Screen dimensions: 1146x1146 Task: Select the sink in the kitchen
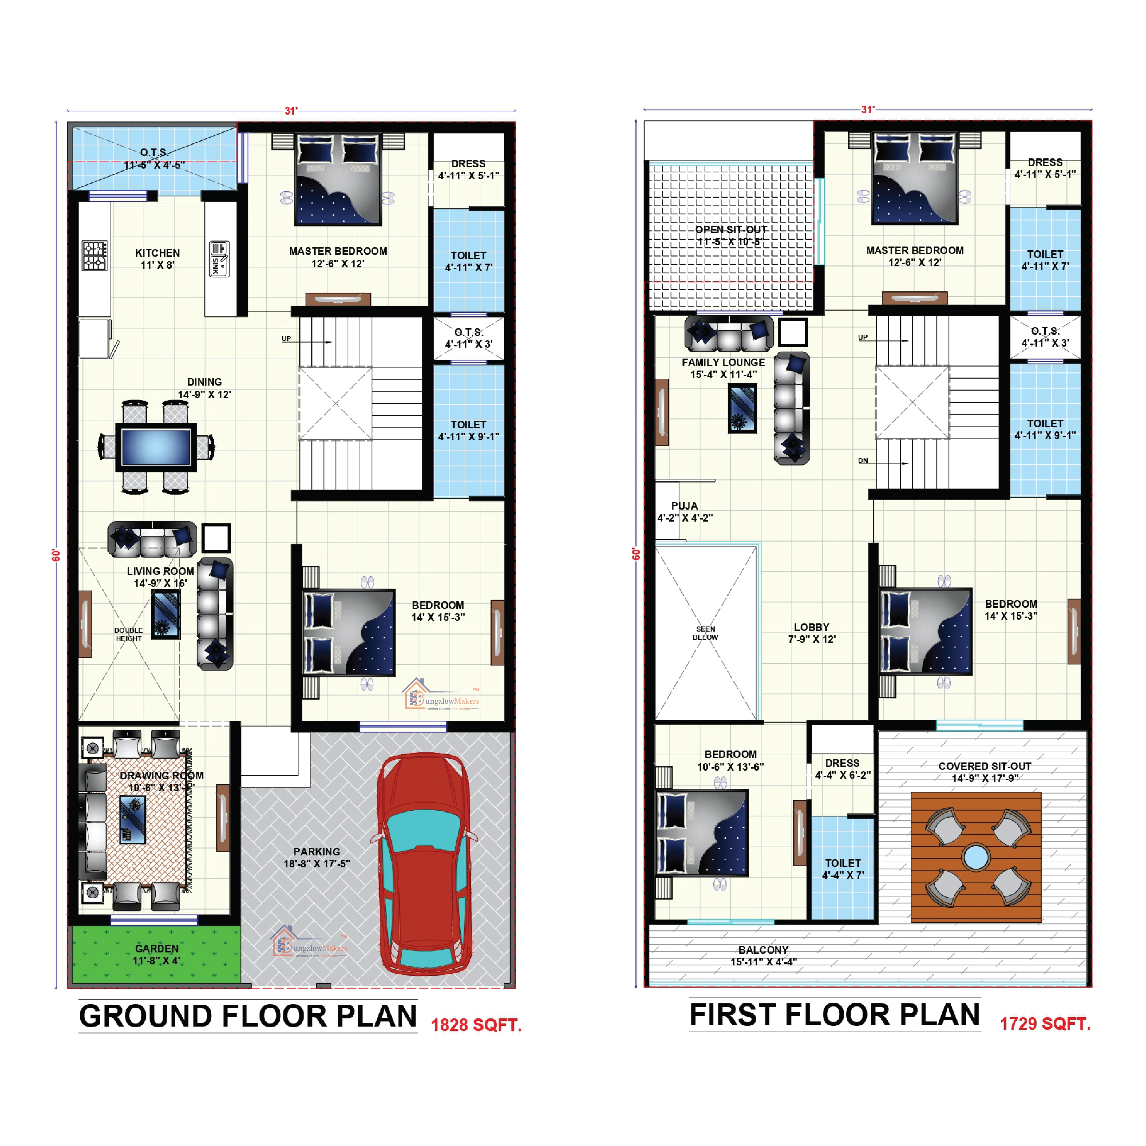coord(219,259)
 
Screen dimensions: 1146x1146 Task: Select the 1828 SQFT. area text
coord(476,1025)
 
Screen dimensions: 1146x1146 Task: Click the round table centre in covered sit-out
coord(976,857)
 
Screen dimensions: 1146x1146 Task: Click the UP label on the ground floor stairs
coord(286,339)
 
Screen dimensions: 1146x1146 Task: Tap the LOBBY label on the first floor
coord(811,627)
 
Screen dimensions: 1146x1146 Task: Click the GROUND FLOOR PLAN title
coord(248,1016)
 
